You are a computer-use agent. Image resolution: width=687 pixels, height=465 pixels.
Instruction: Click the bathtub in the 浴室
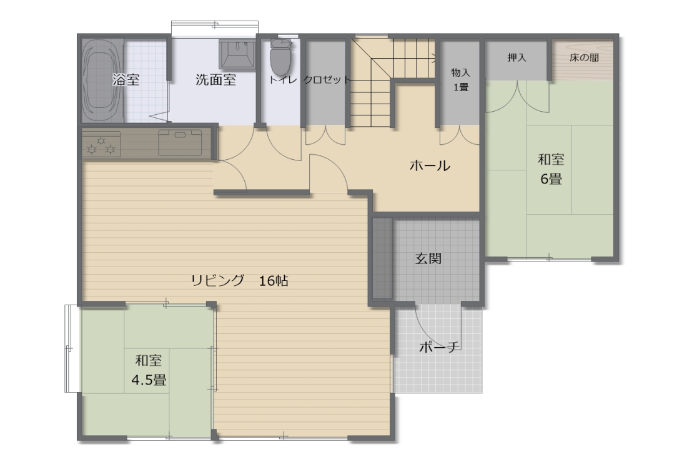tap(103, 81)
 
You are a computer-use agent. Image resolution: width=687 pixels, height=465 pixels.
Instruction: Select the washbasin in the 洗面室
tap(237, 55)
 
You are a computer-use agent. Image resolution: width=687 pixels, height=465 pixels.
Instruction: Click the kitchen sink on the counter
tap(180, 142)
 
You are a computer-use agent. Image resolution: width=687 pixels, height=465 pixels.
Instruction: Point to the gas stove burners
tap(101, 144)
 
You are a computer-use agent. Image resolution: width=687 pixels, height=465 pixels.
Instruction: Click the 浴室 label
tap(126, 80)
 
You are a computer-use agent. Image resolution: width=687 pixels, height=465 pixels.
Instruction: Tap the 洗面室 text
tap(215, 80)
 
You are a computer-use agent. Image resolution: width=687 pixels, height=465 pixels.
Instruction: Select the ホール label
tap(430, 165)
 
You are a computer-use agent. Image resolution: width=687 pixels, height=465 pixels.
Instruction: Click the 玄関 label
tap(428, 259)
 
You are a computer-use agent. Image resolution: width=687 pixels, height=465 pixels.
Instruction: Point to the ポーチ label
tap(440, 347)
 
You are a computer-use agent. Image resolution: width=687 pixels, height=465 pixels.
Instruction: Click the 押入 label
tap(516, 57)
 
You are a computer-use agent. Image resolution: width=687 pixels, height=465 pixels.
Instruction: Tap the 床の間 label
tap(584, 57)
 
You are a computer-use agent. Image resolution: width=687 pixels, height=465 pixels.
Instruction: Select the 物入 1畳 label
tap(460, 80)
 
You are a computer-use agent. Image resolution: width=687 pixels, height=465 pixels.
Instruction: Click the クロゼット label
tap(327, 80)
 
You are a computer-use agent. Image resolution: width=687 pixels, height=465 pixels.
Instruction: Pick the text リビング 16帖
tap(240, 280)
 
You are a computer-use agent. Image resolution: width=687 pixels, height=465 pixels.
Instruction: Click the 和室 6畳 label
tap(551, 169)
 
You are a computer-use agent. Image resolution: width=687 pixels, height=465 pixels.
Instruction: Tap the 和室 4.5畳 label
tap(149, 370)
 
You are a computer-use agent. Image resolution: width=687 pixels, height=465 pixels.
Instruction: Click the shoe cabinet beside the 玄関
tap(382, 258)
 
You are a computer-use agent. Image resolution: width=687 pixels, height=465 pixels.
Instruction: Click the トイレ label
tap(283, 80)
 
